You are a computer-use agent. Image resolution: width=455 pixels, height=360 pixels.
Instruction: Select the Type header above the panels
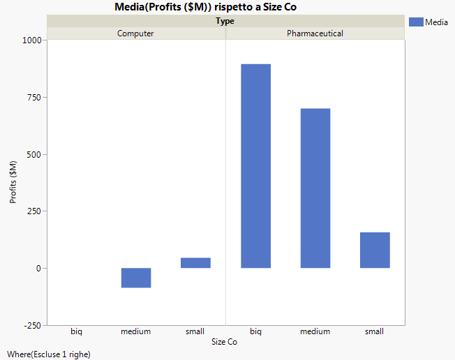pyautogui.click(x=225, y=21)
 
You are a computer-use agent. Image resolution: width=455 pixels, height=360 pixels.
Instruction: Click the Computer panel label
pyautogui.click(x=135, y=33)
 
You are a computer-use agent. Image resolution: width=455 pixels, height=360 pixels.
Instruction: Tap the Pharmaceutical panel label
pyautogui.click(x=315, y=33)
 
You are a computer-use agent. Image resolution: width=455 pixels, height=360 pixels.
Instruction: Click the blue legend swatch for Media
pyautogui.click(x=415, y=22)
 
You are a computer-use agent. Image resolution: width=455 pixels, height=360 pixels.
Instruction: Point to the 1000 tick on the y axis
pyautogui.click(x=33, y=40)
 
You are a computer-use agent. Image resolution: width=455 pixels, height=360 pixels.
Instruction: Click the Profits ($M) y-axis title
pyautogui.click(x=13, y=182)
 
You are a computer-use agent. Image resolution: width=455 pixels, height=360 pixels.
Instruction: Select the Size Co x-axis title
pyautogui.click(x=224, y=342)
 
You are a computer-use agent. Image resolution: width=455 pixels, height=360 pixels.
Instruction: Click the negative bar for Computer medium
pyautogui.click(x=136, y=278)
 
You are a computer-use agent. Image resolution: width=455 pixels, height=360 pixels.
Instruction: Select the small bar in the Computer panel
pyautogui.click(x=195, y=263)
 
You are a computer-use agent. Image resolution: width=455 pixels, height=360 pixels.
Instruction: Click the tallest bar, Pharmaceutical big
pyautogui.click(x=255, y=166)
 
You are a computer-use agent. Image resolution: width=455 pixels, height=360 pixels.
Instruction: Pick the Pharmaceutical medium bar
pyautogui.click(x=315, y=188)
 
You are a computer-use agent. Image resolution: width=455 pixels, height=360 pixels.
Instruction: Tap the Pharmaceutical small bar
pyautogui.click(x=375, y=250)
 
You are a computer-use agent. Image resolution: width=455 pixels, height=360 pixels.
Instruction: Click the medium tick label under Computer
pyautogui.click(x=135, y=331)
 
